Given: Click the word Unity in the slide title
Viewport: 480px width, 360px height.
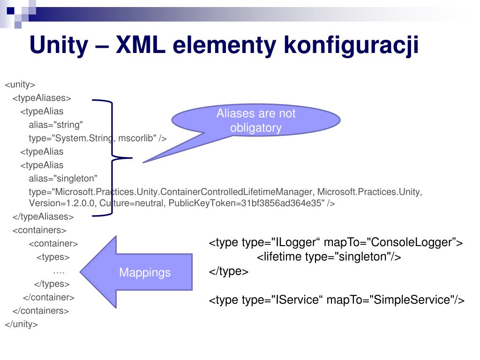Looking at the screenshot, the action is pos(58,46).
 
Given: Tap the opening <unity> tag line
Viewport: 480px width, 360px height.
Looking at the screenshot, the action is pos(20,85).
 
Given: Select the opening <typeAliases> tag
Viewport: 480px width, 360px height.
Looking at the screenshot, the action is pos(42,98).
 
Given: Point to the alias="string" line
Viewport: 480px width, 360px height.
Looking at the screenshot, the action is pos(56,125).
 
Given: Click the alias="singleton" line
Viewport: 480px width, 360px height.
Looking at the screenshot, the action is pos(63,178).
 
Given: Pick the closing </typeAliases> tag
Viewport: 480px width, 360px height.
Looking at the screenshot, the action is pos(43,217).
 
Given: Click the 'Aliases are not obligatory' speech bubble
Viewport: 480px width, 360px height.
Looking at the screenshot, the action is pos(256,121).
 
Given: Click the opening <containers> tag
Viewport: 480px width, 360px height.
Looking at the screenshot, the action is pos(39,230).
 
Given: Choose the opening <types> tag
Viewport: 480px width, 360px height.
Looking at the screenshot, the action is pos(53,257).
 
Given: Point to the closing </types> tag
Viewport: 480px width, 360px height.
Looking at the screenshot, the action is pos(52,284).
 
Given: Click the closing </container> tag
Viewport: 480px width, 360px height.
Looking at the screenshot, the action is pos(49,297).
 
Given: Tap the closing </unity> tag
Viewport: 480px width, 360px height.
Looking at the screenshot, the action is pos(21,324).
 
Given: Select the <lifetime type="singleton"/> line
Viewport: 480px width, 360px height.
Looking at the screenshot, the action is pos(329,257).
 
